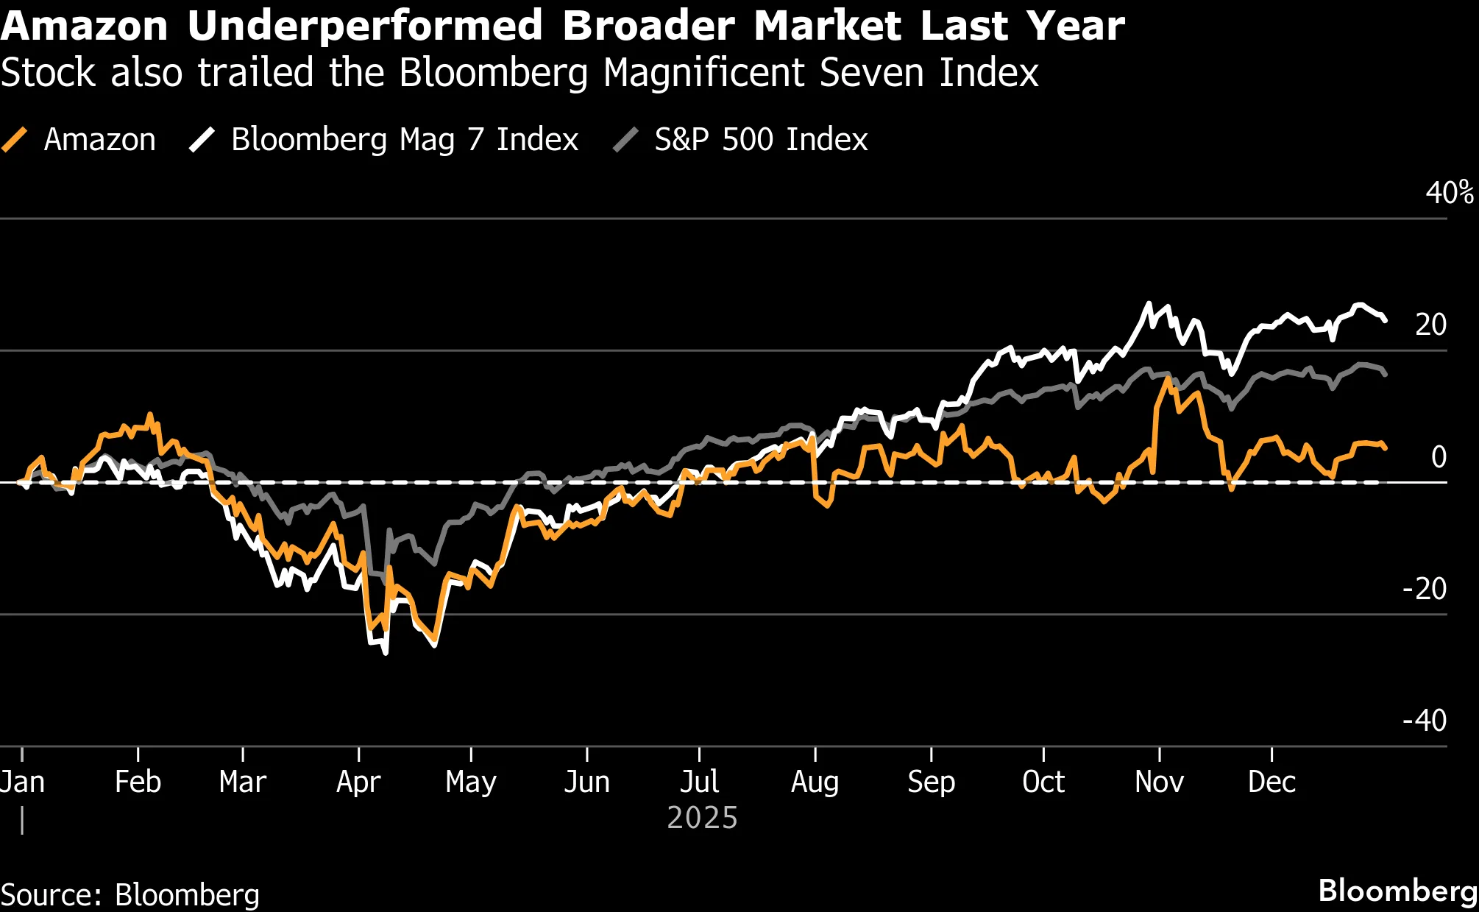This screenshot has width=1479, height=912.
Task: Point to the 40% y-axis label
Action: point(1449,193)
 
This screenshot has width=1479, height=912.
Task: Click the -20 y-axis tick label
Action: point(1425,589)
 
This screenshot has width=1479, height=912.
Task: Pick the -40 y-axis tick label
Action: point(1425,720)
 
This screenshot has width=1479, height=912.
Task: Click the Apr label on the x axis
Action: point(358,782)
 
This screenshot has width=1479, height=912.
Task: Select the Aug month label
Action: point(815,782)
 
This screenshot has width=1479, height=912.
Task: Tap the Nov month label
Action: point(1159,782)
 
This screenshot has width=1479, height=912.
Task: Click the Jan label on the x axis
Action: point(23,782)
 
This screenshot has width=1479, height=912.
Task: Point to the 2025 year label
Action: point(702,819)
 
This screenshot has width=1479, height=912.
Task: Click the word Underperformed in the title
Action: point(365,26)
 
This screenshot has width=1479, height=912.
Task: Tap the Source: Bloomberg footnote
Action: point(130,895)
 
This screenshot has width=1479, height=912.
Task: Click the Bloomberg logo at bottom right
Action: point(1397,891)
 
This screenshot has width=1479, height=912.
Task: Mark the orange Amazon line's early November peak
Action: point(1168,379)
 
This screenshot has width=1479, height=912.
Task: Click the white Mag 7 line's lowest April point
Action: point(386,652)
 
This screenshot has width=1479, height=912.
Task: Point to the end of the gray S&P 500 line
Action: point(1386,375)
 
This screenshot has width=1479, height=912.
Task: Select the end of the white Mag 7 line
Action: point(1386,320)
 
